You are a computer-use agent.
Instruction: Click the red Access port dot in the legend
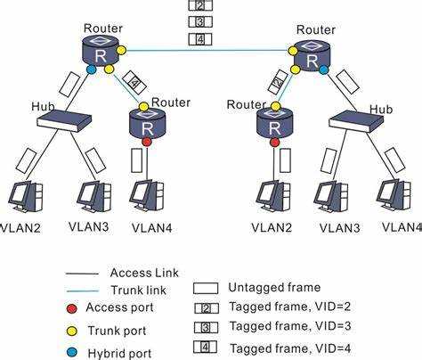[71, 308]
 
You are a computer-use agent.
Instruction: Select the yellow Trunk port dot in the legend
[71, 331]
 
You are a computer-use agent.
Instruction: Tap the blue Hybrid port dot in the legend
[71, 353]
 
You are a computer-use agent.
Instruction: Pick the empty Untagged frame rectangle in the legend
[206, 288]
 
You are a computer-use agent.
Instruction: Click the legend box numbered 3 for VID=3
[206, 328]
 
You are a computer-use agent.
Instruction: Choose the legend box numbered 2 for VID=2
[207, 308]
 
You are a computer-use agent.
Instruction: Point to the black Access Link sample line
[82, 274]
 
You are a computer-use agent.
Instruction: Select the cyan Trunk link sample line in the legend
[83, 290]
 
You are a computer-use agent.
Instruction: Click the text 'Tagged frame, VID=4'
[291, 348]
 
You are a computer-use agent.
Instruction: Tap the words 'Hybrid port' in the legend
[119, 353]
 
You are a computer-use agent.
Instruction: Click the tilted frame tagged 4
[134, 83]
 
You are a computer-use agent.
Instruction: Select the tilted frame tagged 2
[278, 81]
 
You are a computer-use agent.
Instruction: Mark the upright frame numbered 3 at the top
[200, 21]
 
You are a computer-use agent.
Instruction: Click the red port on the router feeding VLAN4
[147, 142]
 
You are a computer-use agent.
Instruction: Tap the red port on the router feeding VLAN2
[275, 143]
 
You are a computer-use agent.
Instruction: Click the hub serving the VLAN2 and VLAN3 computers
[64, 120]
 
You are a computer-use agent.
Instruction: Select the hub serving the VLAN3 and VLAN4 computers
[357, 121]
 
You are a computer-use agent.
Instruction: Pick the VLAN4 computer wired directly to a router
[148, 196]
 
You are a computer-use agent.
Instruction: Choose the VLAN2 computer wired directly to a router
[274, 196]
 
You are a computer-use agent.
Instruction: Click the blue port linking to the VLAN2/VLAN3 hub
[92, 70]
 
